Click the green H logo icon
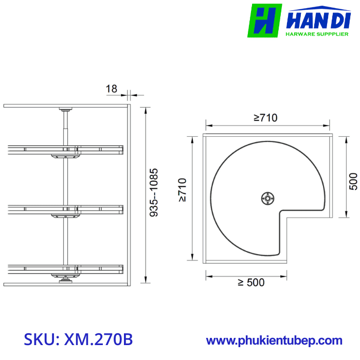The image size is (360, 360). tap(264, 21)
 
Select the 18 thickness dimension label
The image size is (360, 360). tap(112, 89)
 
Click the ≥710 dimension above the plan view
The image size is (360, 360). tap(265, 118)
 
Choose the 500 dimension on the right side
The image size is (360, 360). tap(353, 181)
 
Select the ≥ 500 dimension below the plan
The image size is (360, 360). tap(251, 283)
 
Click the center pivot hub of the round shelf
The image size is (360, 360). tap(267, 198)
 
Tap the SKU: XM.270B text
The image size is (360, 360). tap(79, 339)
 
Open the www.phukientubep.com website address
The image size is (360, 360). tap(274, 340)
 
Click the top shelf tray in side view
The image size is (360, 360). tap(65, 149)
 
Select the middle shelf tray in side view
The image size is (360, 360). tap(65, 208)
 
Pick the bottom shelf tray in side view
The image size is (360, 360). tap(65, 268)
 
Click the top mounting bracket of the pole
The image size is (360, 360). tap(65, 110)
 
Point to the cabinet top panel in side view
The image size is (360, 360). tap(65, 105)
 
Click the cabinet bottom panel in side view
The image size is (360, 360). tap(65, 283)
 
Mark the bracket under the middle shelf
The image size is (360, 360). tap(65, 215)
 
